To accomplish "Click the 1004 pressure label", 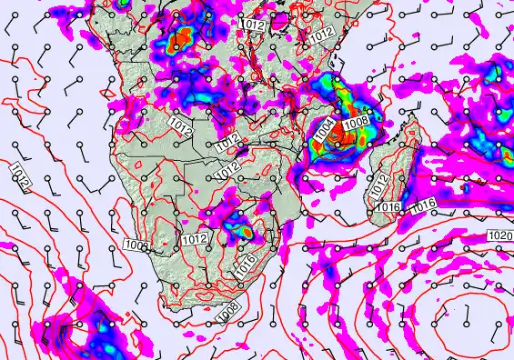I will pos(325,130).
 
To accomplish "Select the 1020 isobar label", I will pos(499,235).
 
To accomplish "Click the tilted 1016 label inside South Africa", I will pos(245,265).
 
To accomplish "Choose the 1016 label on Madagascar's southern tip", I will pos(388,208).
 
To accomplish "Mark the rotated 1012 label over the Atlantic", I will pos(21,175).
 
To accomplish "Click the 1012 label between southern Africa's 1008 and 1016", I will pos(193,240).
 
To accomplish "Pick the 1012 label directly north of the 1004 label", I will pos(321,35).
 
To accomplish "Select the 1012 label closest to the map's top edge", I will pos(253,25).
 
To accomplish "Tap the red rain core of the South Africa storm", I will pos(245,232).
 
